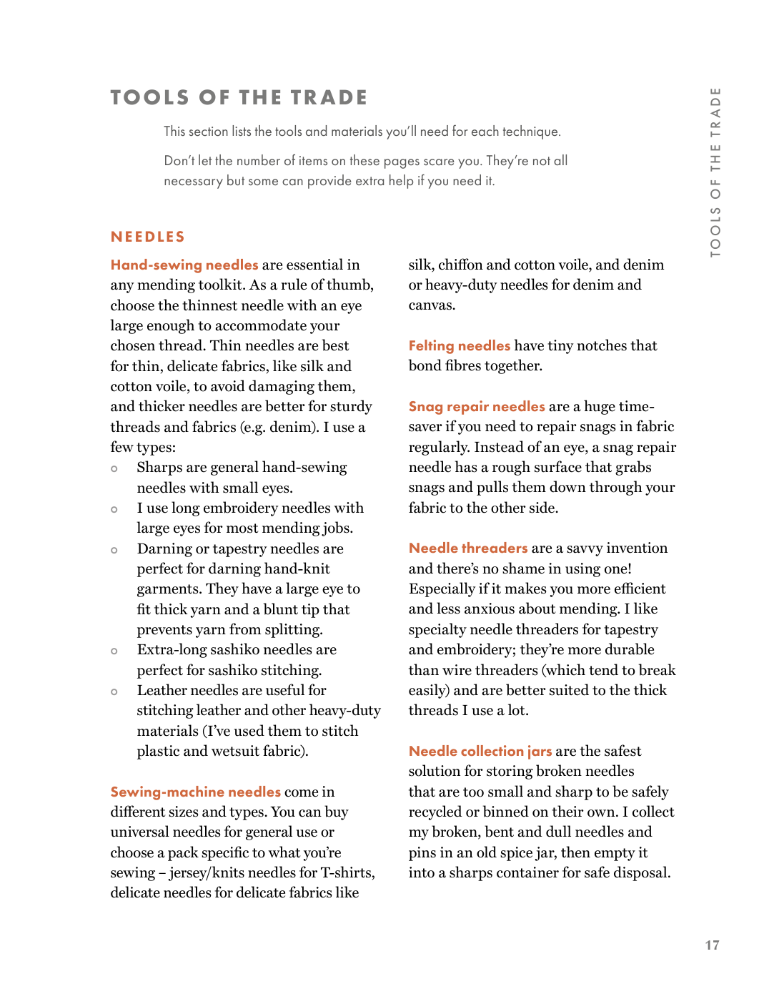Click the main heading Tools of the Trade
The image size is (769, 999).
pyautogui.click(x=239, y=97)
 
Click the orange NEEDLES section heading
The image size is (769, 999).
pyautogui.click(x=148, y=237)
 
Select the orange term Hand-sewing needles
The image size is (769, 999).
pyautogui.click(x=184, y=265)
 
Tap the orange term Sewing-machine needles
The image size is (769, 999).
pyautogui.click(x=195, y=792)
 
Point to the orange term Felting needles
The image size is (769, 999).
pyautogui.click(x=459, y=346)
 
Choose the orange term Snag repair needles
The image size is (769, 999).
pyautogui.click(x=477, y=407)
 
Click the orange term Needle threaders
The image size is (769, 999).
pyautogui.click(x=468, y=548)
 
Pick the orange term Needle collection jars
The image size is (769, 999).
pyautogui.click(x=480, y=752)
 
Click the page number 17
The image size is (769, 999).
pyautogui.click(x=712, y=945)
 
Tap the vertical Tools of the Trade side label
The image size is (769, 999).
pyautogui.click(x=715, y=172)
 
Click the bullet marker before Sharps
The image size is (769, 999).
pyautogui.click(x=114, y=469)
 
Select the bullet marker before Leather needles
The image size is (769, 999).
pyautogui.click(x=114, y=692)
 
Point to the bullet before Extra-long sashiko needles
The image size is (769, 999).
pyautogui.click(x=114, y=651)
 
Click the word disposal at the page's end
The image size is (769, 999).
pyautogui.click(x=642, y=873)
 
